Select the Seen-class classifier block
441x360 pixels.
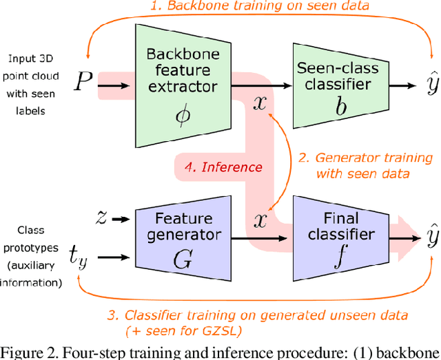click(x=333, y=86)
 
